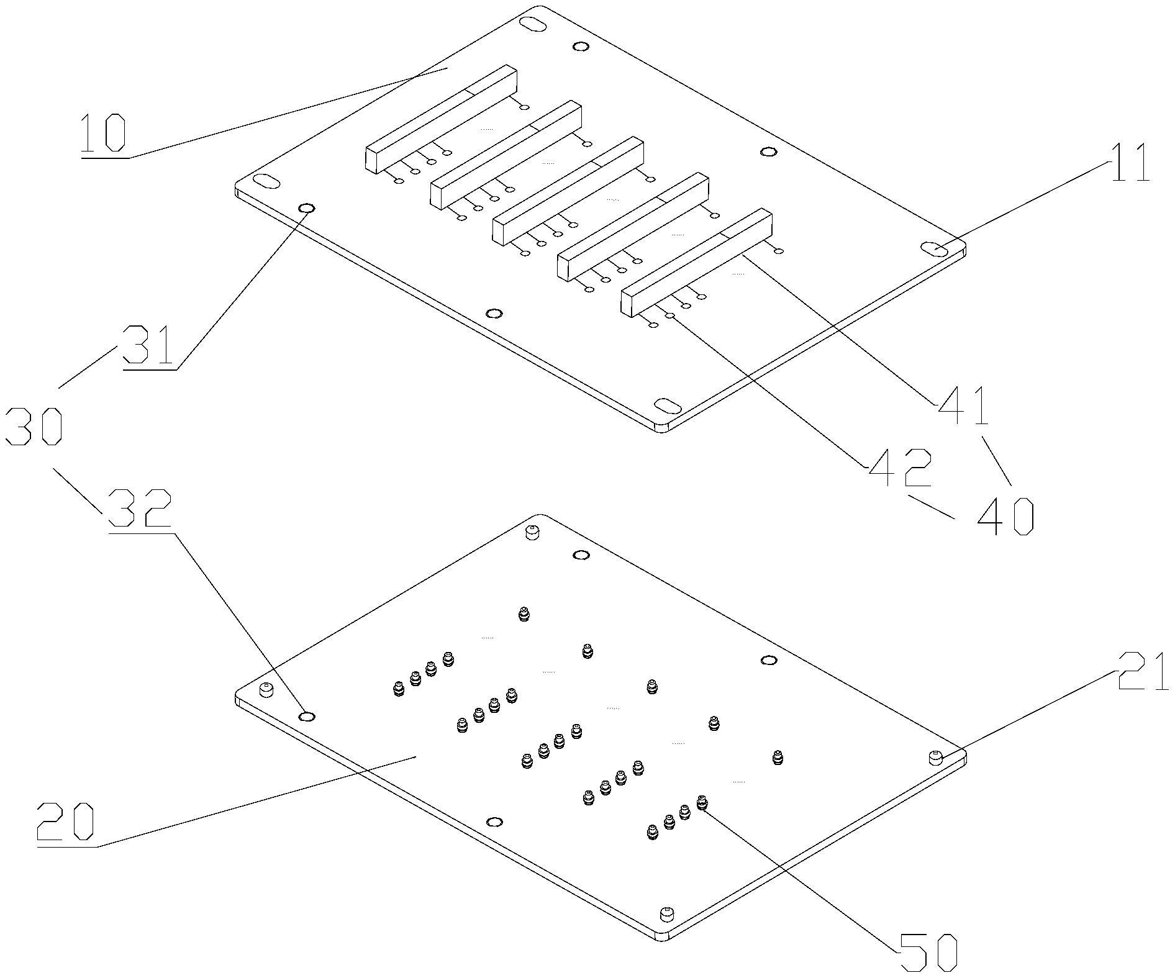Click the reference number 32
[x=140, y=507]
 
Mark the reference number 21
[x=1143, y=671]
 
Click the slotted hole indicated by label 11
[x=935, y=248]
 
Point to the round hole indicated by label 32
[x=307, y=717]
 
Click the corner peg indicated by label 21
[x=935, y=757]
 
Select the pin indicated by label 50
[x=702, y=803]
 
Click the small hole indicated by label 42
[x=670, y=316]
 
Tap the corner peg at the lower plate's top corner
[x=532, y=532]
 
